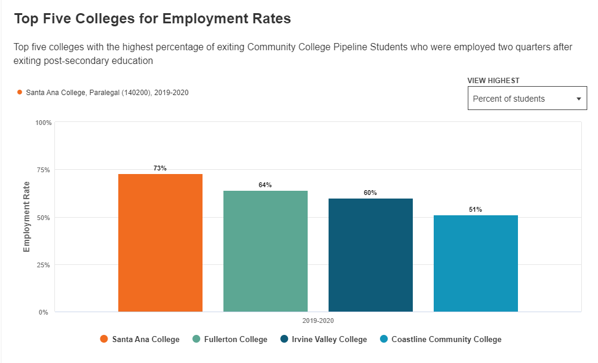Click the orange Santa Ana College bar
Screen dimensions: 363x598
[x=160, y=242]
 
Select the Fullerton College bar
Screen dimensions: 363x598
[x=265, y=251]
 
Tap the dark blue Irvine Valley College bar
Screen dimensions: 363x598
[x=370, y=255]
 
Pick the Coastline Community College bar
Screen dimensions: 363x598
[x=476, y=263]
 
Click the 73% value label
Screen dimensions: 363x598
[x=160, y=168]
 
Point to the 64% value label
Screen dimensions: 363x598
[x=265, y=185]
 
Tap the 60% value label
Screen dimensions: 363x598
[x=370, y=193]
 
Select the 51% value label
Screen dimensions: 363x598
[x=476, y=209]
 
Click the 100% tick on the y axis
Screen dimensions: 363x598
[x=44, y=123]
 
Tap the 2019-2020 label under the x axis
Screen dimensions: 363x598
[x=318, y=321]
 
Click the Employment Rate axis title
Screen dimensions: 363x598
[x=27, y=216]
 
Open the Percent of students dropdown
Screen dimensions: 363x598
[x=527, y=99]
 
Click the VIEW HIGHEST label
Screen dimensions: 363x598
[x=493, y=81]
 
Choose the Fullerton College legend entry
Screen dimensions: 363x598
[x=230, y=340]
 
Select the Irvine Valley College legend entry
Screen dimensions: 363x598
[x=324, y=340]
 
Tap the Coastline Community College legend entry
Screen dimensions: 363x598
[x=441, y=340]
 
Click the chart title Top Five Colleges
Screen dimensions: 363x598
[x=152, y=19]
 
